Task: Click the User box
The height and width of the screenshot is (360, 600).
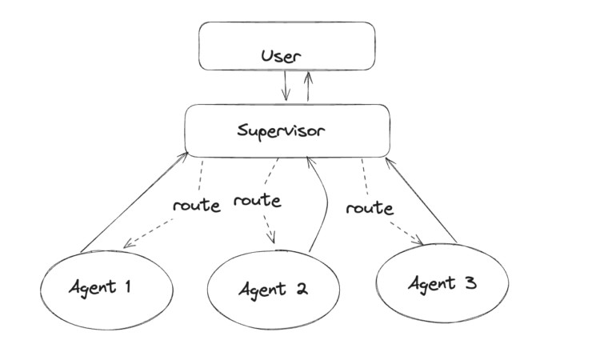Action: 286,46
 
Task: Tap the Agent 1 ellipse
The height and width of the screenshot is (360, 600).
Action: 106,288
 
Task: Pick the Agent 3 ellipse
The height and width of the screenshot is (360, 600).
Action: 442,282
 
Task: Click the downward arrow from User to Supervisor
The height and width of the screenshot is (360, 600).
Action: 286,85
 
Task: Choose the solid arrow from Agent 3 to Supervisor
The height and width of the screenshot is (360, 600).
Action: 422,200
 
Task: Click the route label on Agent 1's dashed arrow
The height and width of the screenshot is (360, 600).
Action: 196,205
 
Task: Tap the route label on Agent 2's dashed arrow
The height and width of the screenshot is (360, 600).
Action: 258,200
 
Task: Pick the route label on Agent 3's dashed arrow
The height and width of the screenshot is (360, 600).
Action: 370,208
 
